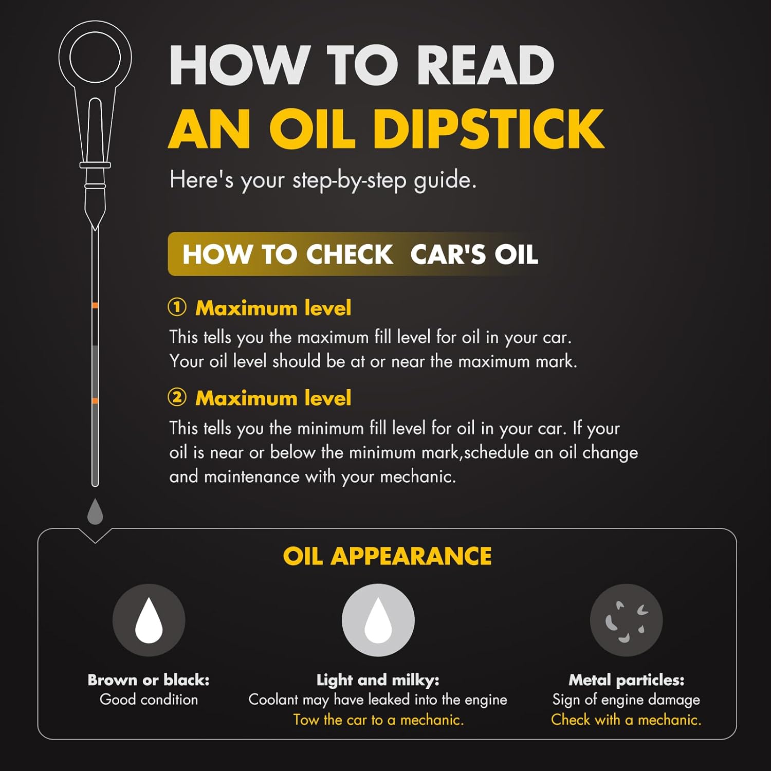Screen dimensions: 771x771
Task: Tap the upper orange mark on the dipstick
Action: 95,306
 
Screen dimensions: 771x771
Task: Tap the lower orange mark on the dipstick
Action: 95,401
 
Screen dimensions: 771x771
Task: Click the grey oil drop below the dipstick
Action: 95,511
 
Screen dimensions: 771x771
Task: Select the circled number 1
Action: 177,307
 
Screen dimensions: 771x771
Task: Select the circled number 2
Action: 177,397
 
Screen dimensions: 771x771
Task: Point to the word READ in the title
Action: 486,65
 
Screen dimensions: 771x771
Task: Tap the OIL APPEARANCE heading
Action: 387,556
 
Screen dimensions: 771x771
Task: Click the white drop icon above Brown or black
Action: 149,620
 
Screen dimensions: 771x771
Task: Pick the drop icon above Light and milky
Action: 378,620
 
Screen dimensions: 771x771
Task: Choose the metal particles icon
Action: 626,620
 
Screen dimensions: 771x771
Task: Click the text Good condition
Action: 149,700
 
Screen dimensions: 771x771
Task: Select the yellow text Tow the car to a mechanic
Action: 378,720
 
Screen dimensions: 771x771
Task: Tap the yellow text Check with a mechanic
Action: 626,720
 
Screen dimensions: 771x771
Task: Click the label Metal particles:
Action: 626,680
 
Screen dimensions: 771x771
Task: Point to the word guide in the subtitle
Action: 445,181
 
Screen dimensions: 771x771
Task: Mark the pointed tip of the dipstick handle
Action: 95,229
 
